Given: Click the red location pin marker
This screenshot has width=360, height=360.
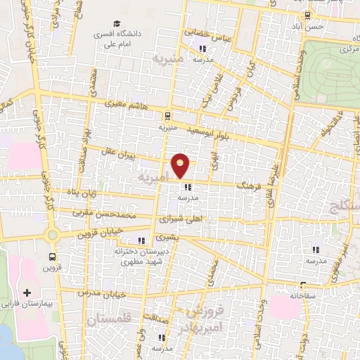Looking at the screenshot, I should (x=181, y=165).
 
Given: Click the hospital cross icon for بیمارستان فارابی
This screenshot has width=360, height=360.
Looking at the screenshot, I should (x=27, y=292).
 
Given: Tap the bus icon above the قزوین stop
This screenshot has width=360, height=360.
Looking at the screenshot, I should (x=53, y=257).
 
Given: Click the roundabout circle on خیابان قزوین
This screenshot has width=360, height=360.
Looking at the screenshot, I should (x=51, y=233).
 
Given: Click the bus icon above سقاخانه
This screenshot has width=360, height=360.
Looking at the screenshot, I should (x=303, y=285).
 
